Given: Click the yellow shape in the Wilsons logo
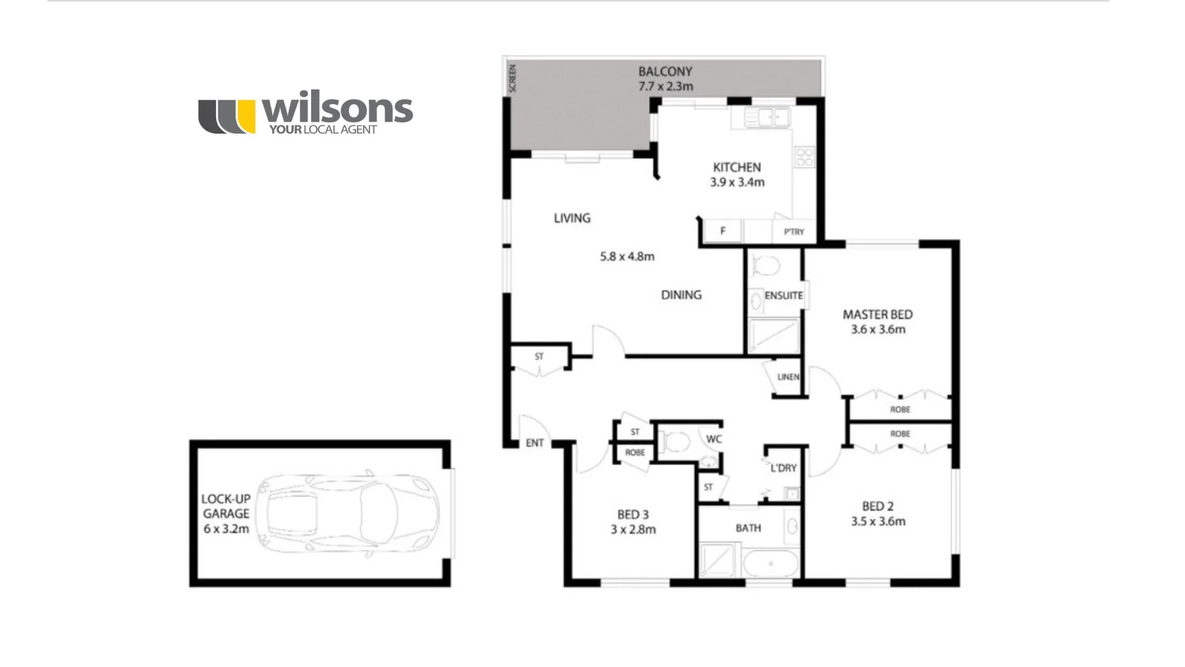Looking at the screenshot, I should (246, 116).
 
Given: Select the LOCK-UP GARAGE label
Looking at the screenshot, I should (226, 506).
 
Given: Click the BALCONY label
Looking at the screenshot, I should (665, 72).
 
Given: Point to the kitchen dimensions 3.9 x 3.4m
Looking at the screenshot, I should (737, 182).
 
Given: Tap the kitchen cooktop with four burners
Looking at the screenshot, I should (804, 157).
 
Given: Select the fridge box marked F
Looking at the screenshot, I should (723, 231).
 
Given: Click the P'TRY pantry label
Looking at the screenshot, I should (794, 232).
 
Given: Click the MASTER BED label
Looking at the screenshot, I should (878, 314).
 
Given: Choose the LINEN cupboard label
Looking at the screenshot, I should (788, 377).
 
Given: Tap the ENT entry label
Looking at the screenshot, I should (534, 443).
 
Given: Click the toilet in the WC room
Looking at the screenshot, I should (677, 442).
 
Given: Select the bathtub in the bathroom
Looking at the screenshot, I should (770, 563).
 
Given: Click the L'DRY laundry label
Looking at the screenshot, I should (784, 468).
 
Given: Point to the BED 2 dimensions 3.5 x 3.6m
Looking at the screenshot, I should (878, 521).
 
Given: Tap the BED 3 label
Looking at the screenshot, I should (633, 514).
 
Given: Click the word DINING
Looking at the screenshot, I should (681, 295).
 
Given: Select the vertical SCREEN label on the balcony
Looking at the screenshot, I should (512, 78).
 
